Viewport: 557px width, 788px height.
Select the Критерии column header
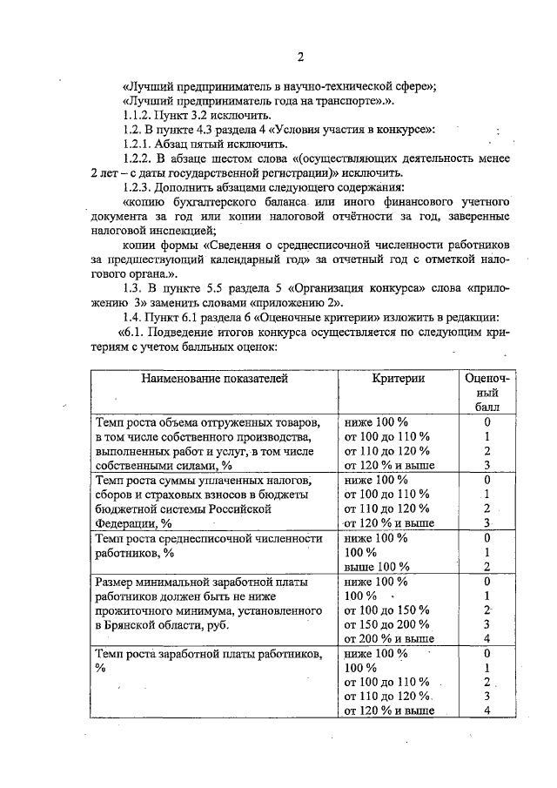(x=399, y=379)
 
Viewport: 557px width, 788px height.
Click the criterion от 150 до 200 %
(x=387, y=624)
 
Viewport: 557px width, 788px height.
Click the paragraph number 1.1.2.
(x=140, y=115)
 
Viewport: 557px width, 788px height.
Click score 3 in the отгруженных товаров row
(x=487, y=465)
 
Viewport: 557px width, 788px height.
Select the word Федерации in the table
(x=126, y=523)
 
